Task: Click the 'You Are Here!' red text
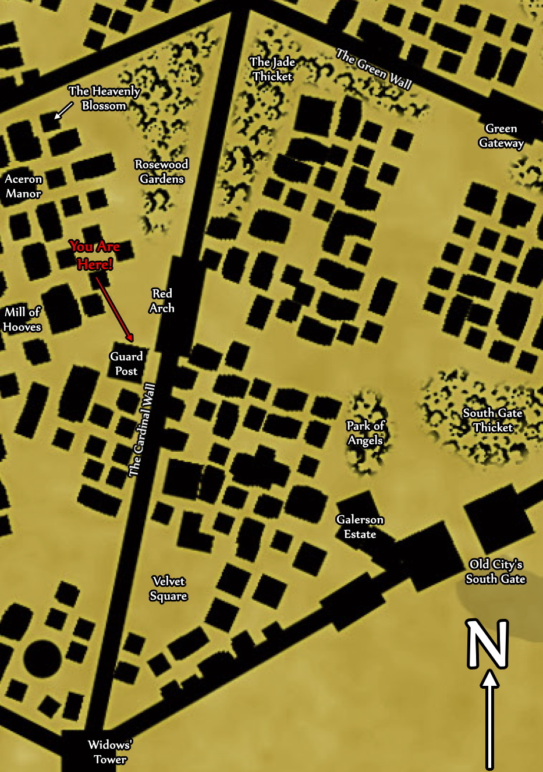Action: point(95,256)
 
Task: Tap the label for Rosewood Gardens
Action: point(161,172)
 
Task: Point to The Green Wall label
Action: point(374,69)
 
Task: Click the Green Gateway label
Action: point(501,136)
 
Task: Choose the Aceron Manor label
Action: point(23,186)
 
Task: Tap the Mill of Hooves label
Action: point(22,320)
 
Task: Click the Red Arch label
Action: point(161,301)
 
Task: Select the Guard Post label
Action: point(126,364)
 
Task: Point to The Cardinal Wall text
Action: point(143,430)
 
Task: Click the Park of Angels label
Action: point(365,433)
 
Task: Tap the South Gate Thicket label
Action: point(493,420)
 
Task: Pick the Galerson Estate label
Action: point(360,527)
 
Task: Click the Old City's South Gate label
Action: point(496,572)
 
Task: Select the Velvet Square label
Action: point(168,589)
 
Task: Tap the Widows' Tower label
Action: point(110,752)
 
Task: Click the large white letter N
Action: point(488,643)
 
